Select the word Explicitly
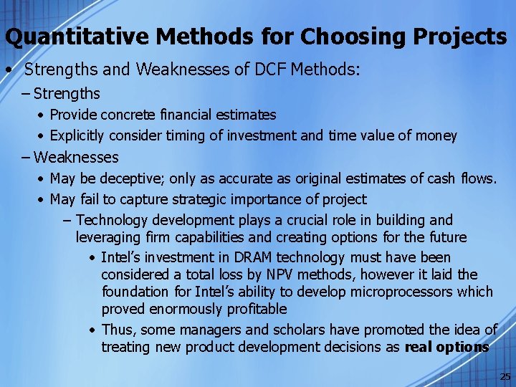[77, 135]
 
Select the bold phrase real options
[446, 347]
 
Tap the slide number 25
[505, 377]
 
